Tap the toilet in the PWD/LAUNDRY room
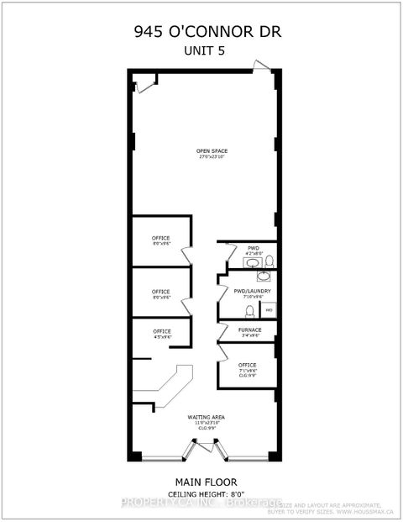pyautogui.click(x=238, y=310)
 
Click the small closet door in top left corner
pyautogui.click(x=145, y=82)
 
